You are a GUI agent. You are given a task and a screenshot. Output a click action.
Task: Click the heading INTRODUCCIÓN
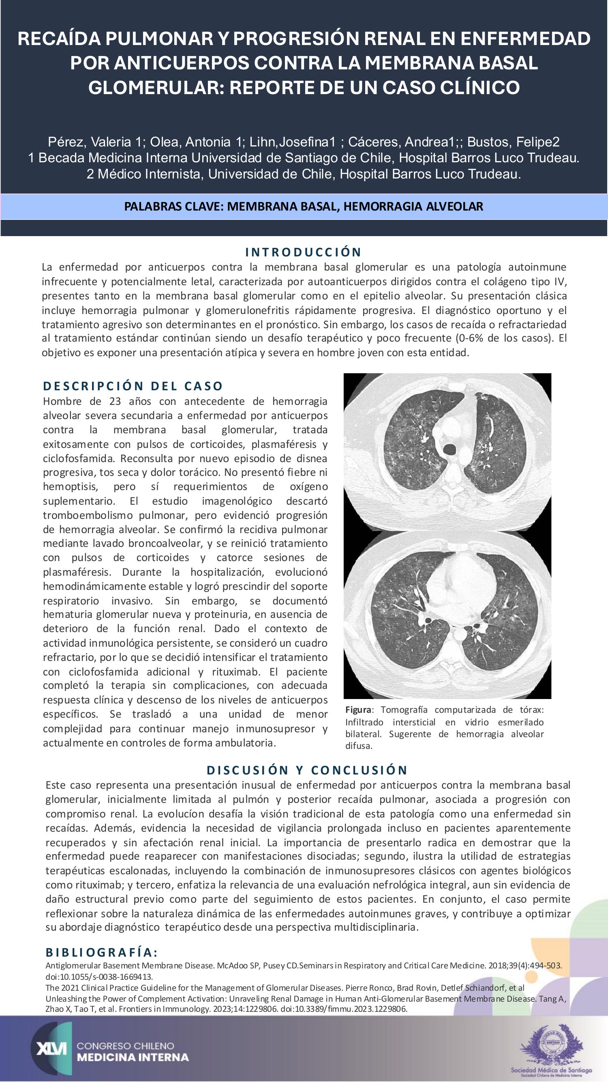click(303, 252)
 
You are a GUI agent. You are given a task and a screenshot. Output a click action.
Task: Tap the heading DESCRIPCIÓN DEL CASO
click(133, 385)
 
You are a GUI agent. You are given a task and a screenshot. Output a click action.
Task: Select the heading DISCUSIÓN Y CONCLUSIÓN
click(307, 770)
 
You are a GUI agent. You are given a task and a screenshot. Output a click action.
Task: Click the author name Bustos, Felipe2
click(513, 142)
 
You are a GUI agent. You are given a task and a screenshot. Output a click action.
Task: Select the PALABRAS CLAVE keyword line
click(304, 207)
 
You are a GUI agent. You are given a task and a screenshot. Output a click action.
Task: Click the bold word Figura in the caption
click(358, 710)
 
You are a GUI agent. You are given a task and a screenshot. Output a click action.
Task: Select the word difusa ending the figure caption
click(359, 746)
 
